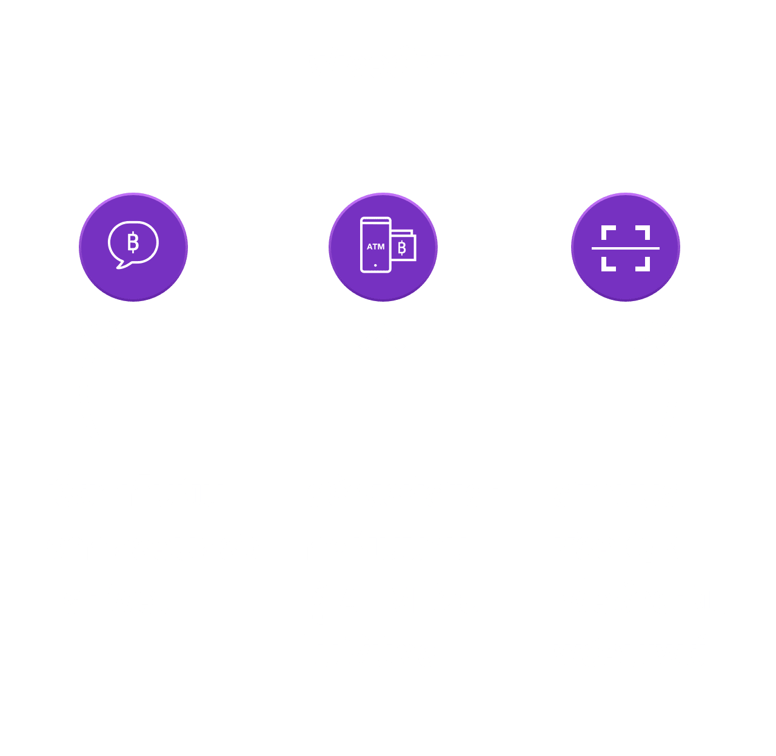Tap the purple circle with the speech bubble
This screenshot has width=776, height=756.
click(x=133, y=247)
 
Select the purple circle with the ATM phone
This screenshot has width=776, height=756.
click(x=383, y=247)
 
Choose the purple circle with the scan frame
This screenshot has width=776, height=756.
click(x=625, y=247)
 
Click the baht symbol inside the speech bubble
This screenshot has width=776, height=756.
click(x=133, y=243)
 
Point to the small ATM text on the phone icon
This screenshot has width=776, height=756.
click(x=375, y=247)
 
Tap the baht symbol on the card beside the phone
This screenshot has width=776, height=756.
click(x=402, y=247)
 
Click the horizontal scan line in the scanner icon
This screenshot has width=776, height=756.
click(x=625, y=248)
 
